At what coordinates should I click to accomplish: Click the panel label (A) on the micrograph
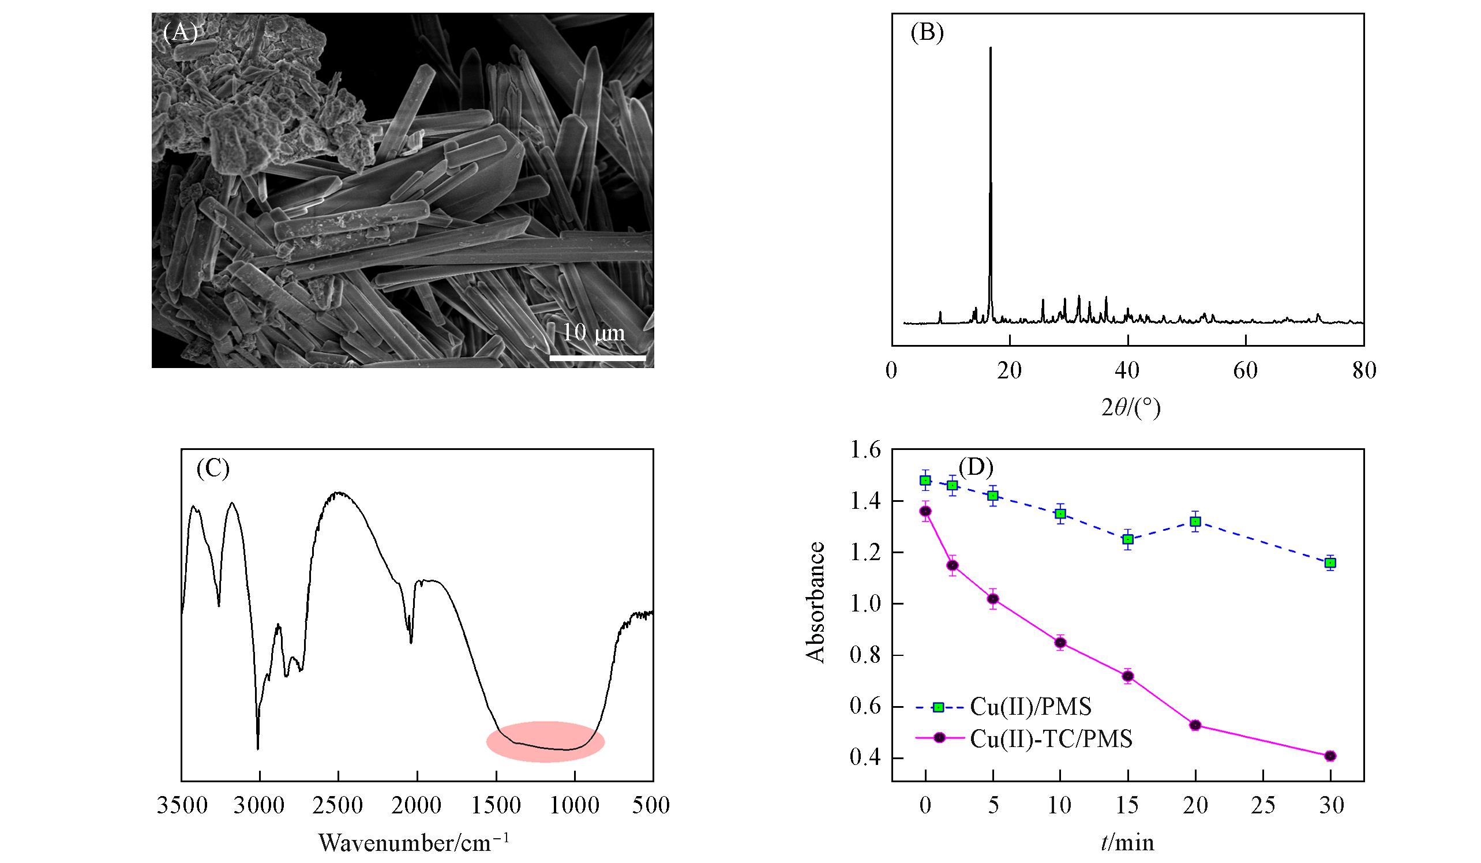click(180, 33)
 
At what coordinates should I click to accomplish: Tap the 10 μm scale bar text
click(594, 333)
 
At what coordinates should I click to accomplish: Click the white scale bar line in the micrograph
click(598, 357)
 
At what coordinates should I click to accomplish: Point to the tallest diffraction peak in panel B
click(991, 50)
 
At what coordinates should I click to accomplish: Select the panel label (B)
click(927, 33)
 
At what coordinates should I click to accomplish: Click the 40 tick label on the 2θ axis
click(1128, 372)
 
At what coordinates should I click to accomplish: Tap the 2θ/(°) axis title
click(1131, 408)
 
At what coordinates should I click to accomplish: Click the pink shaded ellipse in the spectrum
click(545, 741)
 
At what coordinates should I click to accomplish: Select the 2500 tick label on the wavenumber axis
click(338, 805)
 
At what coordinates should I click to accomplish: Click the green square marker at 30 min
click(1330, 563)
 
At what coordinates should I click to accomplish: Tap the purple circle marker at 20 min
click(1195, 725)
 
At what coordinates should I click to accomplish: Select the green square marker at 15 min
click(1128, 539)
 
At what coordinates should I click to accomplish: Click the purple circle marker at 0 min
click(925, 511)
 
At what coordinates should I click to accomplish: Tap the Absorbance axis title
click(816, 603)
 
